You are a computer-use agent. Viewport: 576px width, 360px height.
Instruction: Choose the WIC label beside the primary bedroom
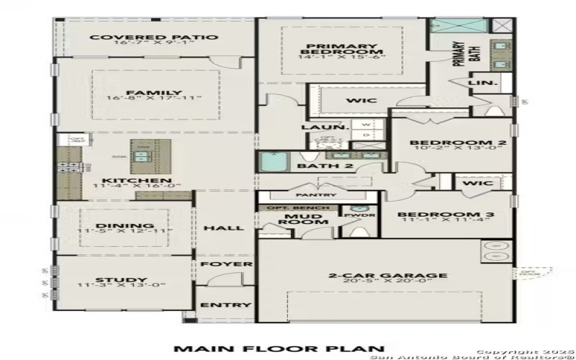click(357, 101)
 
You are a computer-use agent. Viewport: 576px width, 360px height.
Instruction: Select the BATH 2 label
click(315, 167)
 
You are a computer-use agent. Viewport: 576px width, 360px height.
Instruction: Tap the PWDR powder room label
click(364, 215)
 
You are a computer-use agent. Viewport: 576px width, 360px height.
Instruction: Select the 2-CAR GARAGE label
click(387, 276)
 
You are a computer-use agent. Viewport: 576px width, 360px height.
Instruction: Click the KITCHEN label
click(126, 180)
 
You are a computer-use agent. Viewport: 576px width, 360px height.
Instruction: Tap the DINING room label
click(126, 225)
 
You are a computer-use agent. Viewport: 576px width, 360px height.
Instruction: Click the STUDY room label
click(121, 280)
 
